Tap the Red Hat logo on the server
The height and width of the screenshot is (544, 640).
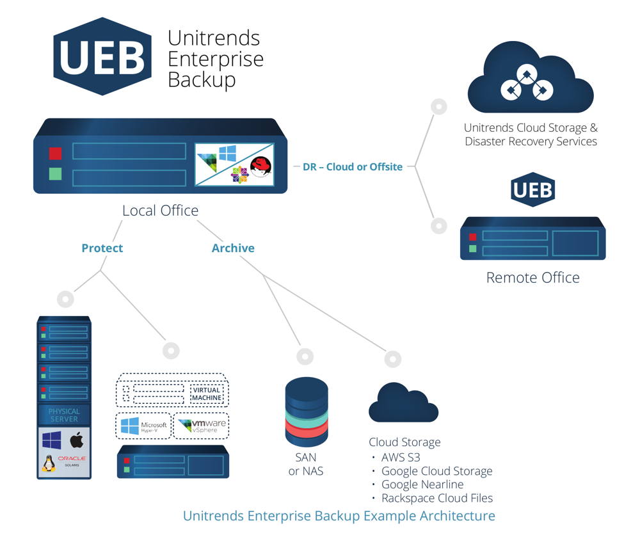(x=261, y=168)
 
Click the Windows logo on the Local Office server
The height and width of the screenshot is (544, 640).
(x=227, y=153)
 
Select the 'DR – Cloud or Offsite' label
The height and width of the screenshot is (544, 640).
(x=352, y=166)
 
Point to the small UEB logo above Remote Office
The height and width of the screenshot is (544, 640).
(x=532, y=190)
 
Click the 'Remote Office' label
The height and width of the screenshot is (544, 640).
(x=532, y=278)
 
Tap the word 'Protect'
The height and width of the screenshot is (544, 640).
(x=102, y=248)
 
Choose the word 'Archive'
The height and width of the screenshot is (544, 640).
(x=233, y=248)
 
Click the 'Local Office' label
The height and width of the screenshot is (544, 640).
(x=160, y=211)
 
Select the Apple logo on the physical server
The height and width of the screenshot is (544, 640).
(x=77, y=440)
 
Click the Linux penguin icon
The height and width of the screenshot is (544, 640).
(x=49, y=463)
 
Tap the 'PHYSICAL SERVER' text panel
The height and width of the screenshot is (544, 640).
(x=64, y=415)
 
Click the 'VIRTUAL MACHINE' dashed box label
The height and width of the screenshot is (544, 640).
(x=207, y=393)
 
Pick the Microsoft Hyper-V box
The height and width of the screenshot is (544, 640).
(x=143, y=426)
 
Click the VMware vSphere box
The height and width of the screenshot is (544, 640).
(x=202, y=426)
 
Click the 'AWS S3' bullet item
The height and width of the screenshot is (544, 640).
(x=401, y=457)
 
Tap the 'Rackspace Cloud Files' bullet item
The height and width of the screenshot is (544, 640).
(x=436, y=498)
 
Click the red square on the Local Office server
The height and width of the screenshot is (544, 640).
(x=56, y=154)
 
